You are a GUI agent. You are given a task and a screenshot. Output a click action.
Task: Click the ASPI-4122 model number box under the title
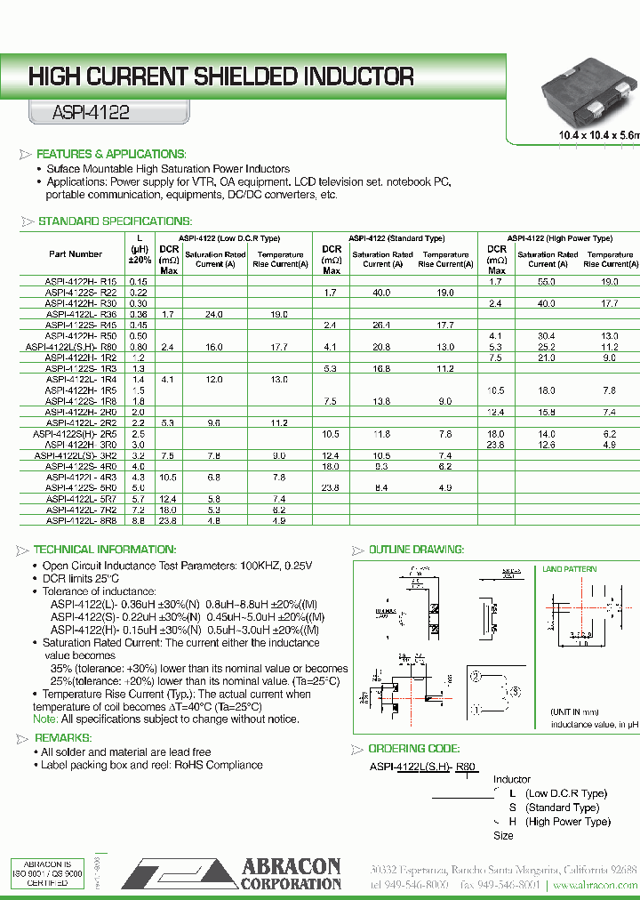(80, 113)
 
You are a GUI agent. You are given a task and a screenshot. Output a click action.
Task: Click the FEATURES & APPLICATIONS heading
(110, 154)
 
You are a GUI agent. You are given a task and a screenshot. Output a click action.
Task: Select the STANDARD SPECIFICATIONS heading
(115, 221)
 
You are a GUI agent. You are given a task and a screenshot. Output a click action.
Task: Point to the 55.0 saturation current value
(547, 281)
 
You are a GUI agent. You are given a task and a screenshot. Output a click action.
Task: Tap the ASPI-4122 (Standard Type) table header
(396, 238)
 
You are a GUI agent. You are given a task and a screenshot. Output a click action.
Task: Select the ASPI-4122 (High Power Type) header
(560, 238)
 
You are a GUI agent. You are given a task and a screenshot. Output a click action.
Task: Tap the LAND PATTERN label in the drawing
(569, 568)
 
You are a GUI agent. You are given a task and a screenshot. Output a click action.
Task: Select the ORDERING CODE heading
(413, 749)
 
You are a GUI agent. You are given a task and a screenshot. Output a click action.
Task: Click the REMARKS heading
(63, 738)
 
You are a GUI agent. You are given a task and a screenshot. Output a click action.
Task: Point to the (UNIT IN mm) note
(574, 712)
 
